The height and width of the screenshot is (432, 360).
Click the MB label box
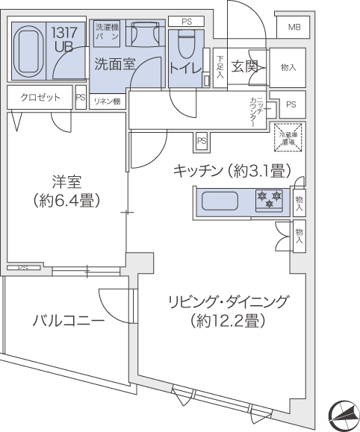pyautogui.click(x=294, y=28)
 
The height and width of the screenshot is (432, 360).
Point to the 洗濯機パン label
pyautogui.click(x=107, y=32)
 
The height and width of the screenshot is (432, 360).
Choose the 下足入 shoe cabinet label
pyautogui.click(x=220, y=66)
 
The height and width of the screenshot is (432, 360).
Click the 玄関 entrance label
pyautogui.click(x=245, y=66)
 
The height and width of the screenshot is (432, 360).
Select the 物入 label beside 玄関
pyautogui.click(x=288, y=67)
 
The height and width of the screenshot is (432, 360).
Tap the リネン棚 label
pyautogui.click(x=106, y=101)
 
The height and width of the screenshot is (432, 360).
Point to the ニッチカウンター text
pyautogui.click(x=254, y=111)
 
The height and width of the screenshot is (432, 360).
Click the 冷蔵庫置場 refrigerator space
pyautogui.click(x=287, y=137)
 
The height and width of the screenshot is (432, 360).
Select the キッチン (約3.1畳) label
pyautogui.click(x=231, y=170)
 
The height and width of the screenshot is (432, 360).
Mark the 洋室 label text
pyautogui.click(x=66, y=181)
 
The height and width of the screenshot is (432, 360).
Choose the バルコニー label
pyautogui.click(x=68, y=322)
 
